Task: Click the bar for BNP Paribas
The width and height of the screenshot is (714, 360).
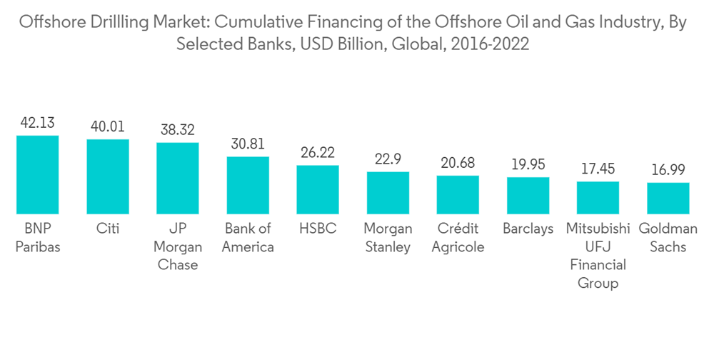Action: pyautogui.click(x=37, y=174)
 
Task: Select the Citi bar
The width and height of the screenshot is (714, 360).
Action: pyautogui.click(x=108, y=176)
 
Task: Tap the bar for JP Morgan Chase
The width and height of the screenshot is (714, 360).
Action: pyautogui.click(x=178, y=178)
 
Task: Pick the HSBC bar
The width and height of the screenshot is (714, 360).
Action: pyautogui.click(x=318, y=189)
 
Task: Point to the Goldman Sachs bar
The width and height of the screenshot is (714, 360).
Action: pyautogui.click(x=668, y=198)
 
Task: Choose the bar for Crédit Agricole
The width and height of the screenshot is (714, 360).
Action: pyautogui.click(x=458, y=194)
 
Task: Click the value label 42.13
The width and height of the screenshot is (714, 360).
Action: pyautogui.click(x=37, y=123)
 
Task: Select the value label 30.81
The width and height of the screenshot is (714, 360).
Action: pyautogui.click(x=248, y=144)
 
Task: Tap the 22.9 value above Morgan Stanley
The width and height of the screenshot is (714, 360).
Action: pyautogui.click(x=388, y=159)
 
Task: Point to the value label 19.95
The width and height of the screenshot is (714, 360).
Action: pyautogui.click(x=528, y=164)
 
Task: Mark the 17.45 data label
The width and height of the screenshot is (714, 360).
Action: pyautogui.click(x=598, y=169)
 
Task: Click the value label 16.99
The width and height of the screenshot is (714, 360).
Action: pyautogui.click(x=668, y=170)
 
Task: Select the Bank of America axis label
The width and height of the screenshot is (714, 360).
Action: pyautogui.click(x=248, y=238)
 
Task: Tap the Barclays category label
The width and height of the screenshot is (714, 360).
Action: pyautogui.click(x=528, y=229)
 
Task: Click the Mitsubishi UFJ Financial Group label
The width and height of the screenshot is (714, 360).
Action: pyautogui.click(x=598, y=256)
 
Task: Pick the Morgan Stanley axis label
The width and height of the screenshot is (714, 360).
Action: pyautogui.click(x=388, y=238)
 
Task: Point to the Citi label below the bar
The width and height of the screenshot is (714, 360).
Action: pyautogui.click(x=108, y=229)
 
